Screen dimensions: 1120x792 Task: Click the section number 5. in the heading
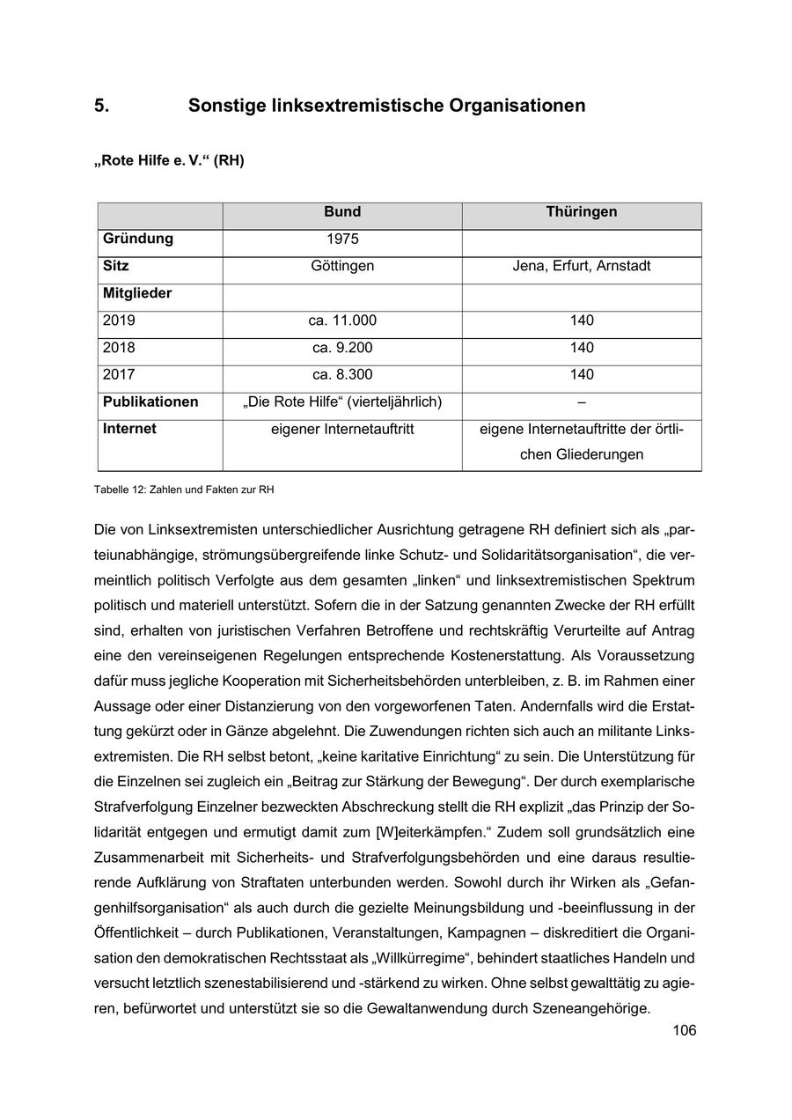[x=102, y=107]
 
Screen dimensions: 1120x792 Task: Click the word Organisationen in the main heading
[x=517, y=107]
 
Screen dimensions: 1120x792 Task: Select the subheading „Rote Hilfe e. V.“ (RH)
[x=169, y=161]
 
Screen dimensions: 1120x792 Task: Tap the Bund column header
[x=342, y=212]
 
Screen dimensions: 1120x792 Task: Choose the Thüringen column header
[x=582, y=212]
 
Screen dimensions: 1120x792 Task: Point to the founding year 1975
[x=342, y=239]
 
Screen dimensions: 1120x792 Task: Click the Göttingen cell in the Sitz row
[x=342, y=266]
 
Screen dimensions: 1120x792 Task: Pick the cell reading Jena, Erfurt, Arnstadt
[x=582, y=266]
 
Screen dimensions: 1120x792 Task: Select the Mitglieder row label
[x=137, y=293]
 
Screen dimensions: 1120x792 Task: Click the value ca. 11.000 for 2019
[x=342, y=321]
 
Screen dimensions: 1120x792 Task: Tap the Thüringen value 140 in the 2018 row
[x=582, y=348]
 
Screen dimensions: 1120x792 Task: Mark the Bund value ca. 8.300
[x=342, y=375]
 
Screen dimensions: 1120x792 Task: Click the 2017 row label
[x=119, y=375]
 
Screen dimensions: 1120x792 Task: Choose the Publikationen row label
[x=150, y=402]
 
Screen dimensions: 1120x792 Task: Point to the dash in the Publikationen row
[x=582, y=402]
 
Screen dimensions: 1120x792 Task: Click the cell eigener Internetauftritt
[x=342, y=430]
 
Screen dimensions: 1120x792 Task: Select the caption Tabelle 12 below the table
[x=190, y=490]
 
